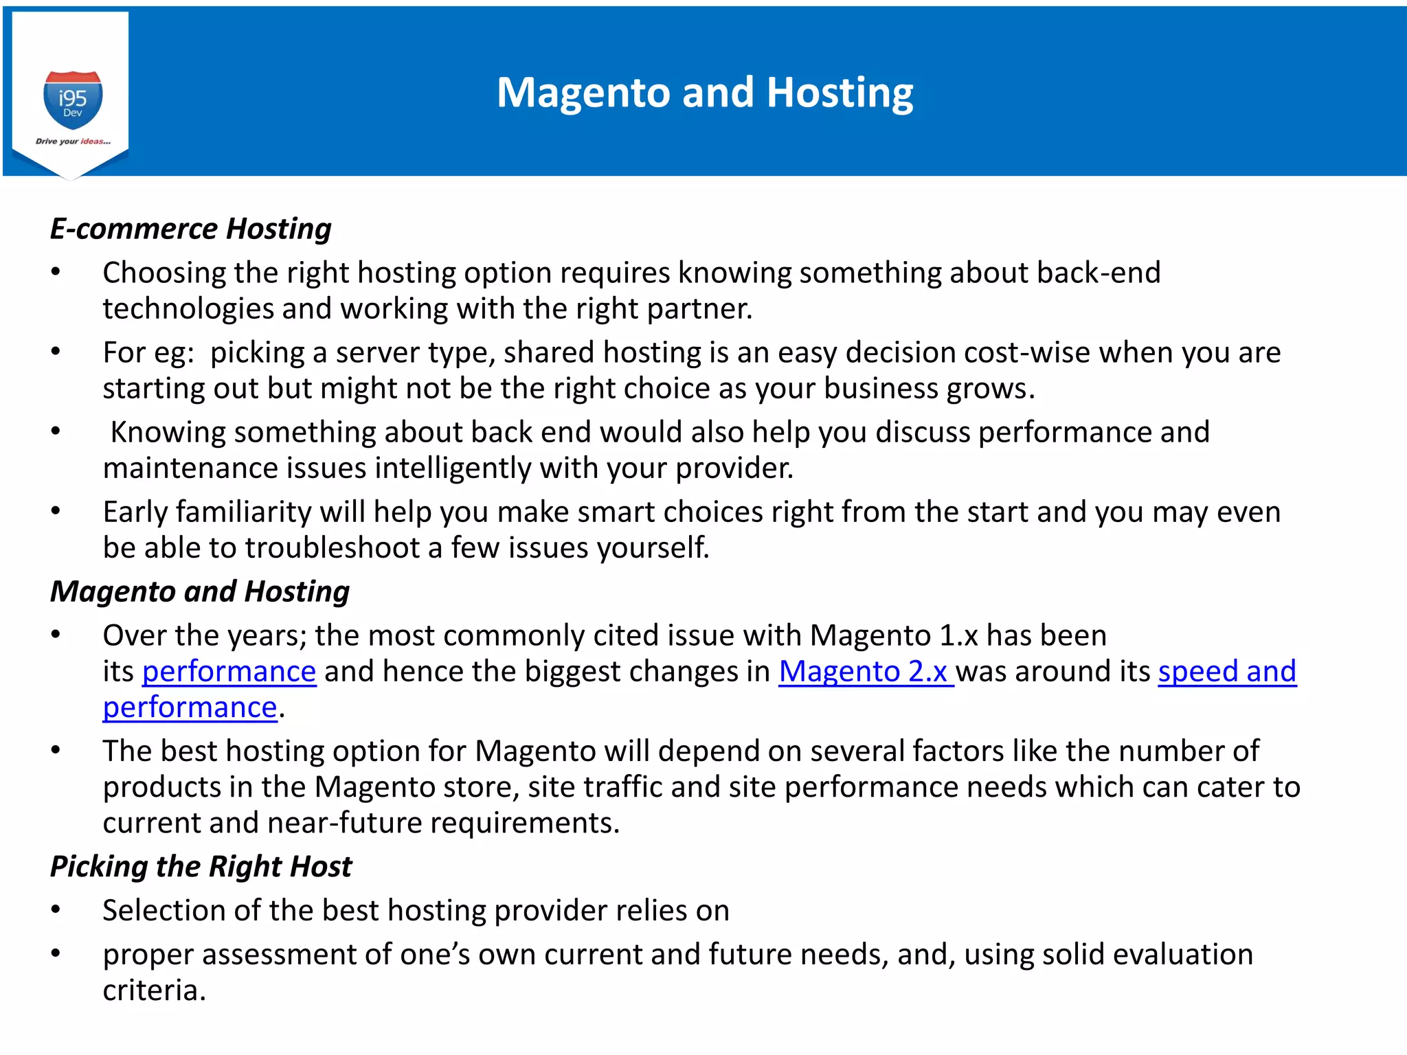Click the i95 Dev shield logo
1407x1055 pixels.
pos(73,100)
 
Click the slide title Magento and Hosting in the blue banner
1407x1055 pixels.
pos(705,92)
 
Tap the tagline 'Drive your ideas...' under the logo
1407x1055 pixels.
pos(73,141)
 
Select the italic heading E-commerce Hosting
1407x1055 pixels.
pos(190,229)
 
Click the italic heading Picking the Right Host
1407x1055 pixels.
pos(201,866)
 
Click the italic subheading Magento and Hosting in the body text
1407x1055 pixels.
pos(200,591)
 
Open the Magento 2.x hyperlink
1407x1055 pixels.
pos(865,671)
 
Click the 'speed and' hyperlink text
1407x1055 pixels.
pos(1227,671)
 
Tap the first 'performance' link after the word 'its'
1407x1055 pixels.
pos(229,671)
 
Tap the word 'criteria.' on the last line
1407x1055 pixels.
pos(155,990)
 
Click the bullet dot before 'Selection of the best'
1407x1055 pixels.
pos(56,911)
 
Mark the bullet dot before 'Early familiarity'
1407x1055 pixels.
pos(56,512)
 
